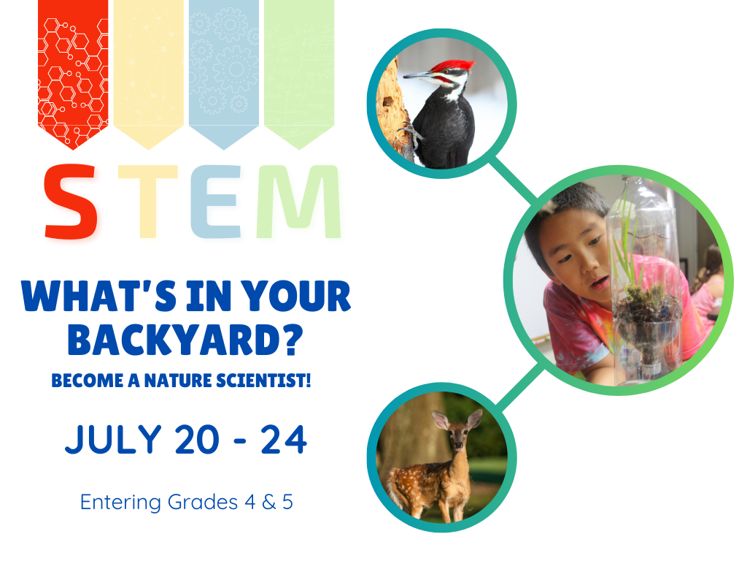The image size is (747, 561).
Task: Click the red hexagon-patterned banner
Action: click(72, 69)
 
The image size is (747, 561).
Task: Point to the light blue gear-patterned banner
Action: click(223, 69)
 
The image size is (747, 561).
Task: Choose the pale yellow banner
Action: click(148, 69)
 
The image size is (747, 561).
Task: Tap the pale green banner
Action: click(298, 69)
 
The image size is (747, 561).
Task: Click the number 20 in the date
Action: click(196, 440)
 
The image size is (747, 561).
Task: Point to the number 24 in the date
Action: click(283, 440)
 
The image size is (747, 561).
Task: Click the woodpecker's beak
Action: click(417, 75)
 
